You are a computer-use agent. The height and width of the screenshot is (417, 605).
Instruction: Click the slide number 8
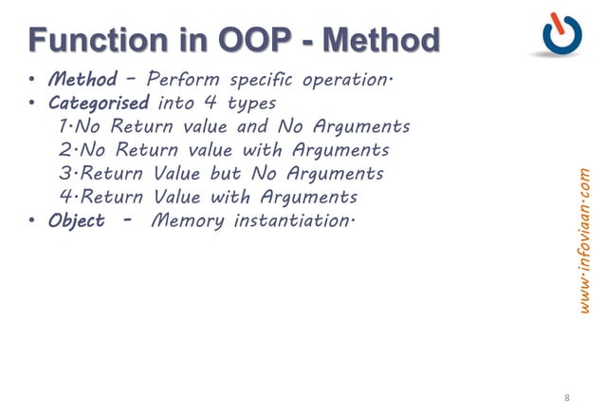(567, 397)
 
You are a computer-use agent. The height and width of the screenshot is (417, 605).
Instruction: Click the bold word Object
(77, 221)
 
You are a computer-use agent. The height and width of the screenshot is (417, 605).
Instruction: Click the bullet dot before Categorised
(32, 103)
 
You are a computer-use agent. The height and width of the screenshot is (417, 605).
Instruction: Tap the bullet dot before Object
(32, 222)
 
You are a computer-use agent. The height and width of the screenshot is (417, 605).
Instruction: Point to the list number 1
(63, 126)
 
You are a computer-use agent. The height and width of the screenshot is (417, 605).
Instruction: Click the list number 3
(63, 174)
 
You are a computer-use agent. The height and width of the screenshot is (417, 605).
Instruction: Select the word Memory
(182, 221)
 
